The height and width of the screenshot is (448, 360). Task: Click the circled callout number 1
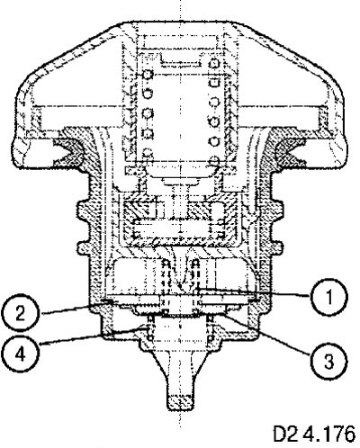click(x=329, y=297)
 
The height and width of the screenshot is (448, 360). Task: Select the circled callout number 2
click(x=20, y=314)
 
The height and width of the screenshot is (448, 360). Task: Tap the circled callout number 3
click(x=329, y=362)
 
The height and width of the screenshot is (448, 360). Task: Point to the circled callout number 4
click(x=20, y=354)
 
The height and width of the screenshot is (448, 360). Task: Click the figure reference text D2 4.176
click(x=314, y=434)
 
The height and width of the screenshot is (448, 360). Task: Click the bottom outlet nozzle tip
click(x=180, y=402)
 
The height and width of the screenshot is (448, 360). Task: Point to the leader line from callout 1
click(x=254, y=292)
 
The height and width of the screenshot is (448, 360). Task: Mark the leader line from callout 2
click(x=76, y=309)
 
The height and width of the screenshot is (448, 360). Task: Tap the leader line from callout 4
click(x=93, y=337)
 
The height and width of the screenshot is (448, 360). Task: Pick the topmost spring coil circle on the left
click(x=148, y=74)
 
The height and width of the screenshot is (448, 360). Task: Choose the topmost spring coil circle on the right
click(x=214, y=63)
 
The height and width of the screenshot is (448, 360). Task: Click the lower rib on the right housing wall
click(x=276, y=246)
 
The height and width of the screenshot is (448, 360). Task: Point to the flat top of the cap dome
click(x=180, y=22)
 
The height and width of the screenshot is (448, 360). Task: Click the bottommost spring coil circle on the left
click(x=148, y=153)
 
